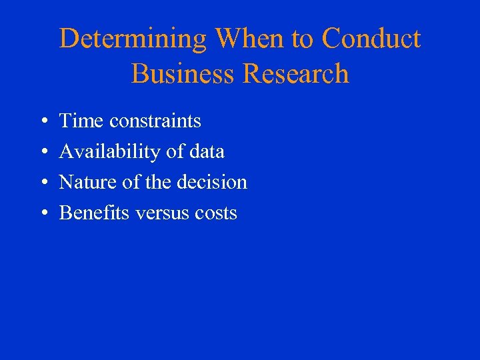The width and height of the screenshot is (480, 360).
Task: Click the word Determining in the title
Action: click(133, 39)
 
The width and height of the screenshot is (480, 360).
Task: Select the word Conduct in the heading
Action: click(371, 39)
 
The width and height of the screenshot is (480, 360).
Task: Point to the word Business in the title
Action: click(183, 73)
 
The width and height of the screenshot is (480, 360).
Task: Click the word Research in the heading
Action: click(296, 73)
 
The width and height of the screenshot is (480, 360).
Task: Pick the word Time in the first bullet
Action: click(82, 121)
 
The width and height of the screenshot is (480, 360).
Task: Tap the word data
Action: click(207, 151)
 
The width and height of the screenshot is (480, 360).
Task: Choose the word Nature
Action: click(85, 182)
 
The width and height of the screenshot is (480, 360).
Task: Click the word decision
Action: click(214, 182)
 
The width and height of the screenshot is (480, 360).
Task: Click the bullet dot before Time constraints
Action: click(43, 121)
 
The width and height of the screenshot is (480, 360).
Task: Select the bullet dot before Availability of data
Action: click(43, 152)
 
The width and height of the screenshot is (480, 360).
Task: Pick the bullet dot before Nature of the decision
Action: click(43, 183)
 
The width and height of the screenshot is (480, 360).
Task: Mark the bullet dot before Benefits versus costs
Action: click(43, 213)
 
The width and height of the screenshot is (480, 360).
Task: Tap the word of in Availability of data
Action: click(175, 151)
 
